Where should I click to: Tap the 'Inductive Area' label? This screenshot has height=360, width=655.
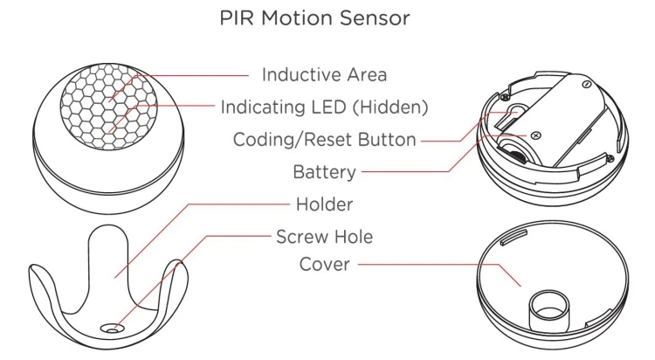click(x=324, y=74)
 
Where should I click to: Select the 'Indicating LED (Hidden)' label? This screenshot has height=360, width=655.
click(x=323, y=107)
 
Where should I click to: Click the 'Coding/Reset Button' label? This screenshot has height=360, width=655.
click(x=324, y=139)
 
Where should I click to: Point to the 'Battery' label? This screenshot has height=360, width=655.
click(x=324, y=171)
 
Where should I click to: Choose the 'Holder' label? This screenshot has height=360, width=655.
click(x=324, y=204)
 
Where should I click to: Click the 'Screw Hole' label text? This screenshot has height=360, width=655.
click(x=324, y=236)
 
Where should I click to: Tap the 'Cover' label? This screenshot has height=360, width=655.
click(x=324, y=264)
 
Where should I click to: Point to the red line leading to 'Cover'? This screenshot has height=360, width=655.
click(x=419, y=264)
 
